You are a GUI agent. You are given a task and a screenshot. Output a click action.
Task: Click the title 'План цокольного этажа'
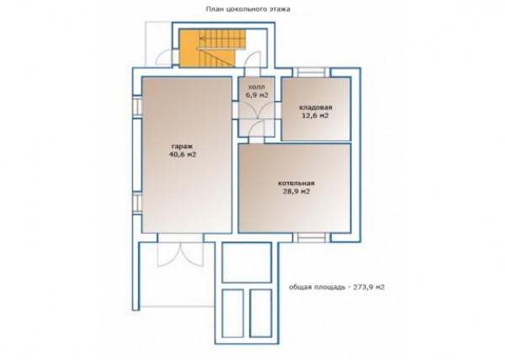[248, 9]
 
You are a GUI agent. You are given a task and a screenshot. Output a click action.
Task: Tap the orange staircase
[213, 48]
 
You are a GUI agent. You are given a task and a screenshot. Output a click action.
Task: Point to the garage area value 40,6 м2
[183, 155]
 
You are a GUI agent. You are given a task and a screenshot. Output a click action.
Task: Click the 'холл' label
[257, 87]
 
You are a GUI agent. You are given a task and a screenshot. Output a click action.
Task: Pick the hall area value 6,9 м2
[257, 95]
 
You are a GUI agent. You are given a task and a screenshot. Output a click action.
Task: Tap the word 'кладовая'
[316, 108]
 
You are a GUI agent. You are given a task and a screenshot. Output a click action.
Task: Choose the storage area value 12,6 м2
[316, 115]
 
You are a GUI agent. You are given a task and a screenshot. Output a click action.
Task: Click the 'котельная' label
[296, 183]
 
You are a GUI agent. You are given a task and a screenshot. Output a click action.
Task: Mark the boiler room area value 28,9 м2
[296, 192]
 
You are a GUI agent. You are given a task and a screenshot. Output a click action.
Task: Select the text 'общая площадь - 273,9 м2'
[337, 287]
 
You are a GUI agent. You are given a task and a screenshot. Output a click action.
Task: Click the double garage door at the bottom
[180, 254]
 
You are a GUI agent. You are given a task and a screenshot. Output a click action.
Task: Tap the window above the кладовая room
[311, 72]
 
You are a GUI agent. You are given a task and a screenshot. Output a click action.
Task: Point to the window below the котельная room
[311, 238]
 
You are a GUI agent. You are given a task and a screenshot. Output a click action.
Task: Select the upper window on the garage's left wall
[137, 107]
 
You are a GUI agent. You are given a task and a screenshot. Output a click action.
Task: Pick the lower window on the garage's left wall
[137, 204]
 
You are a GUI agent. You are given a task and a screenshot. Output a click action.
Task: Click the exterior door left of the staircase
[165, 57]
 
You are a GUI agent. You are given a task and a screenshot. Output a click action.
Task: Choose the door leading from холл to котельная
[257, 130]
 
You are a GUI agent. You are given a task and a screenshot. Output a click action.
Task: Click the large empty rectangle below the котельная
[247, 262]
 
